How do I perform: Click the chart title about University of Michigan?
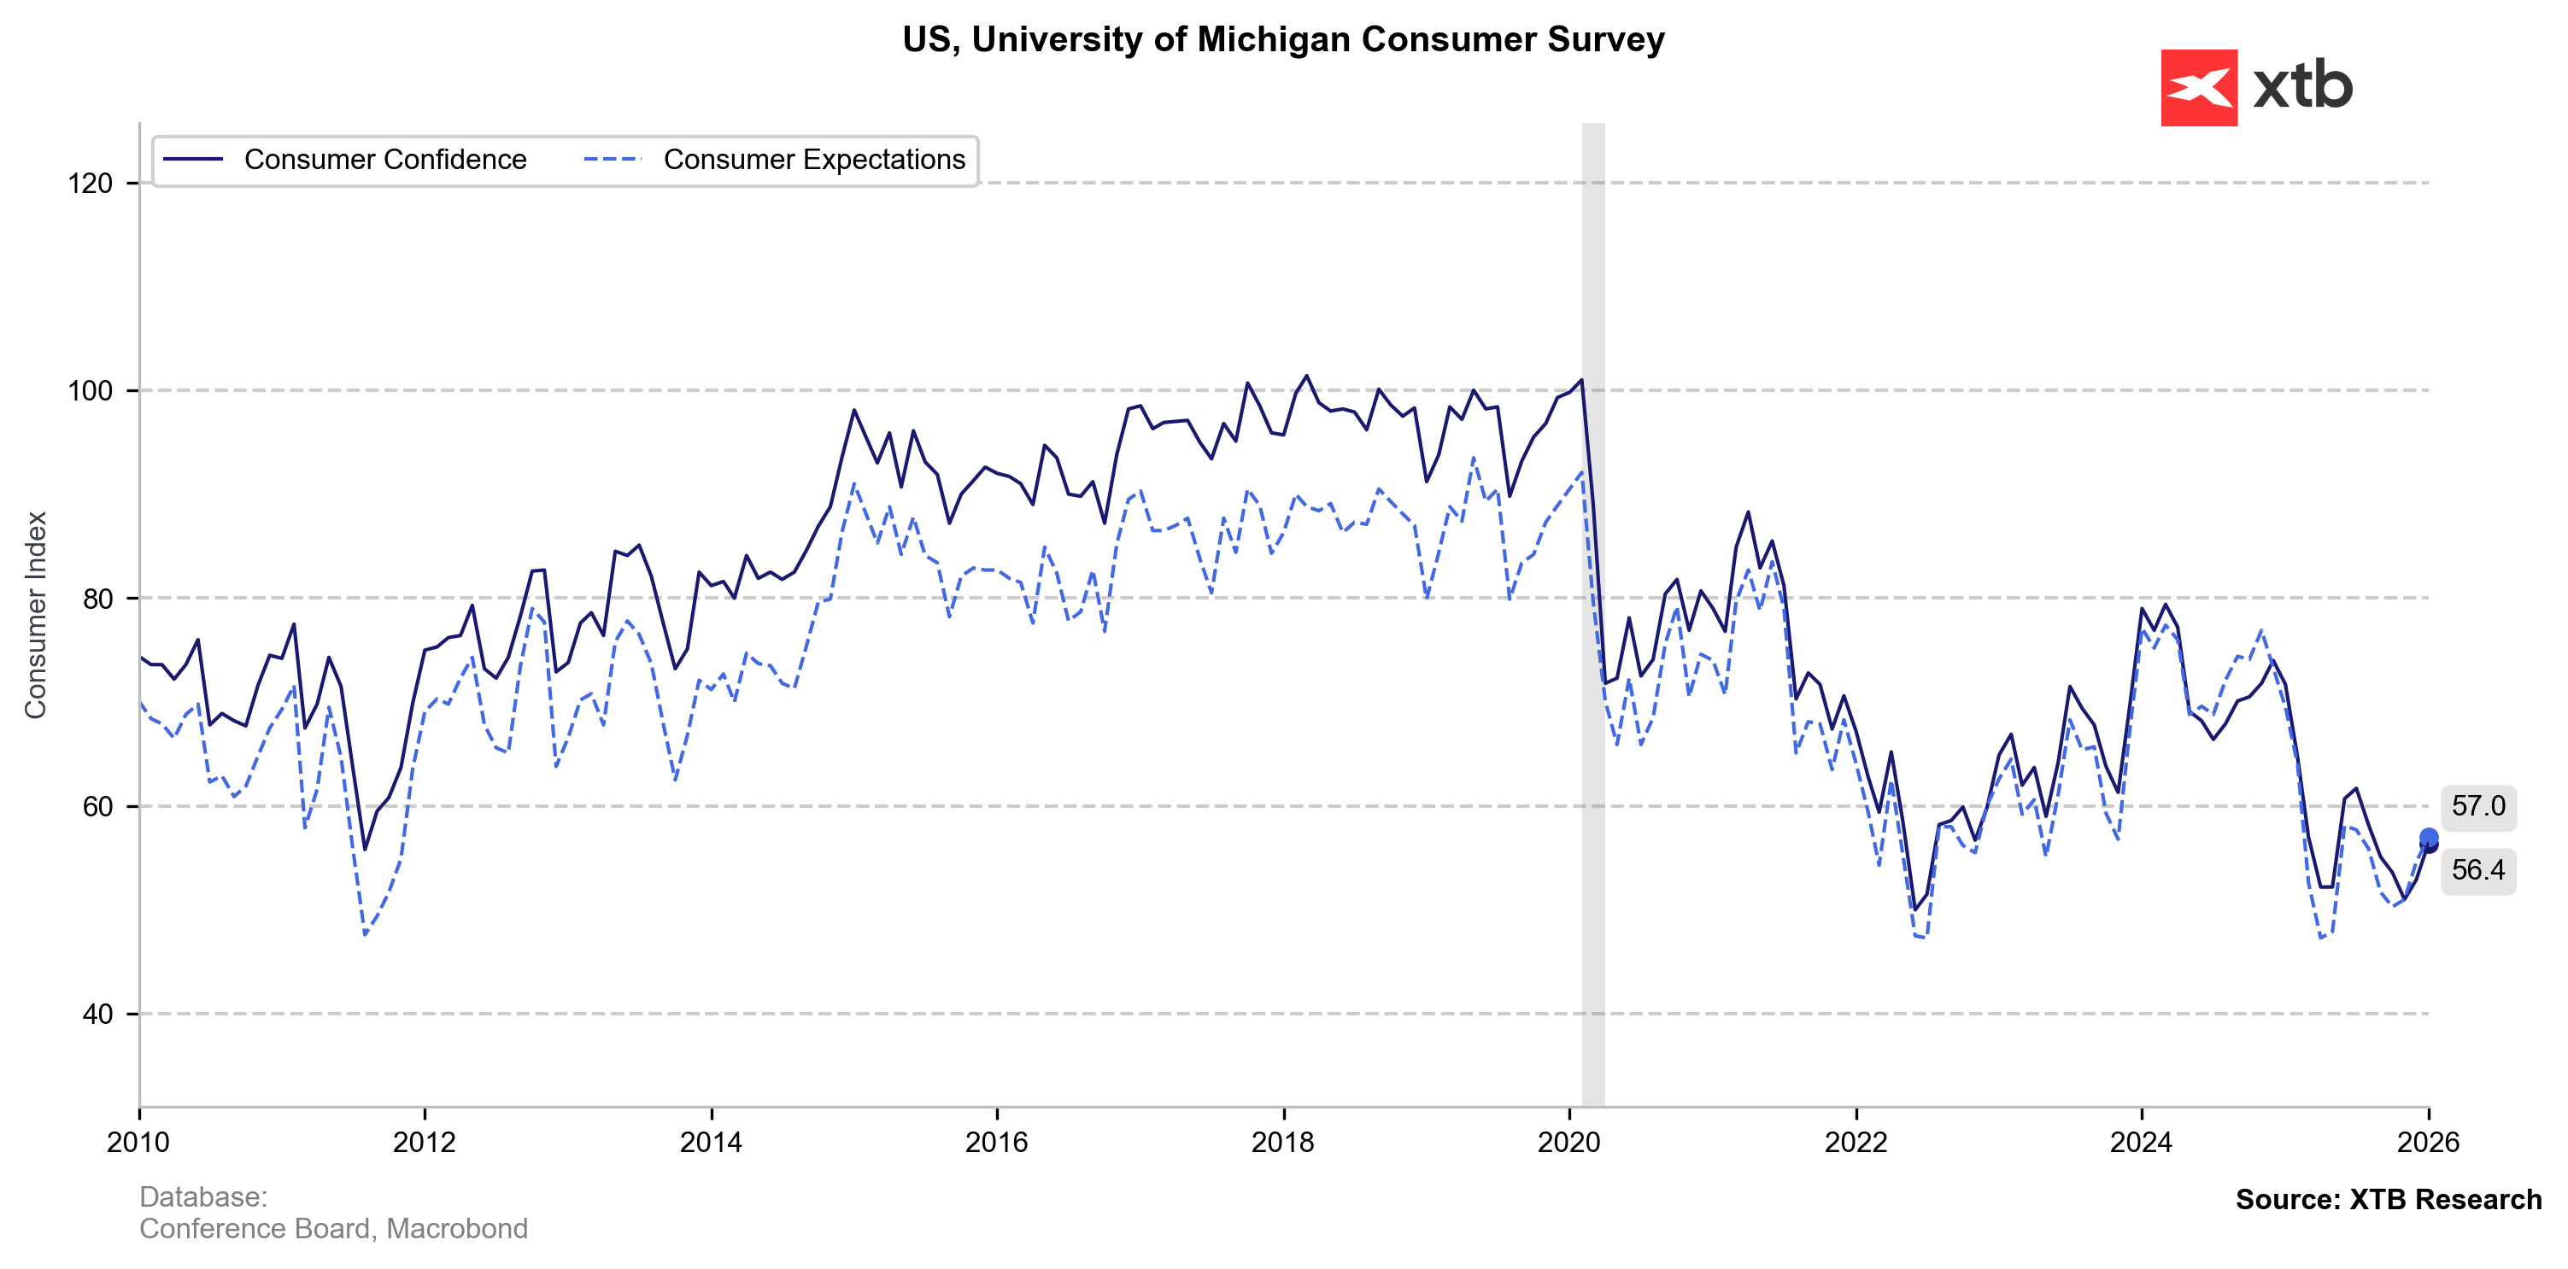1283,40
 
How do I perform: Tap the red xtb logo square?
2198,88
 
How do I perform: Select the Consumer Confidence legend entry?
384,160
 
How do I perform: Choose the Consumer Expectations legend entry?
813,160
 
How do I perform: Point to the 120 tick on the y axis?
90,184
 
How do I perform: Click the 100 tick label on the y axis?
90,391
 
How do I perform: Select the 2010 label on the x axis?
138,1142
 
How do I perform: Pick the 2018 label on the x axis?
1283,1142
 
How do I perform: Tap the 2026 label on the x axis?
2427,1142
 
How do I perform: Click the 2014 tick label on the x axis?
711,1142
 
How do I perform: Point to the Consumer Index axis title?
36,614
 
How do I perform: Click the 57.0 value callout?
2477,806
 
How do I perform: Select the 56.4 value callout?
2477,870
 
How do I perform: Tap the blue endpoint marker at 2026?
2429,839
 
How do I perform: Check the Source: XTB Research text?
2388,1199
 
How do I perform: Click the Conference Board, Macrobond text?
333,1228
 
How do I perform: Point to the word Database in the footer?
202,1197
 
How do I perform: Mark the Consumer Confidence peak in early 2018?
1307,376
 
